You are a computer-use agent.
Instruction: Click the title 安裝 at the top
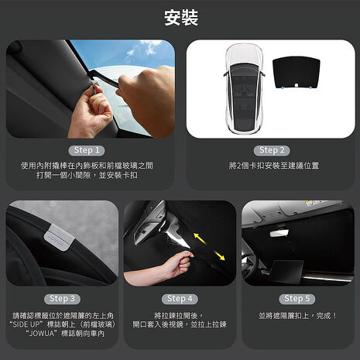click(x=181, y=18)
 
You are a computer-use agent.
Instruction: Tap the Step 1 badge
click(x=87, y=150)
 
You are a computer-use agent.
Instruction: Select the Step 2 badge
click(x=272, y=150)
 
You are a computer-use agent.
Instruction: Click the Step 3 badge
click(x=62, y=299)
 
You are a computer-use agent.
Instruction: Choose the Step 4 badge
click(x=180, y=299)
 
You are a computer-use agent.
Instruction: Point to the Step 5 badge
click(x=297, y=299)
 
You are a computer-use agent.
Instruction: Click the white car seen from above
click(x=244, y=89)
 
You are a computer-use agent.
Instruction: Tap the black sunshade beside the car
click(x=297, y=73)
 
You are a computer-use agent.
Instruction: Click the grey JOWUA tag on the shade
click(x=59, y=238)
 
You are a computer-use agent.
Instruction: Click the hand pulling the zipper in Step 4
click(x=179, y=263)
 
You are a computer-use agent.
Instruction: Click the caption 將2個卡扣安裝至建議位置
click(x=274, y=166)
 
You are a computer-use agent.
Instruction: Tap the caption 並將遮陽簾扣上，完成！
click(x=298, y=316)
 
